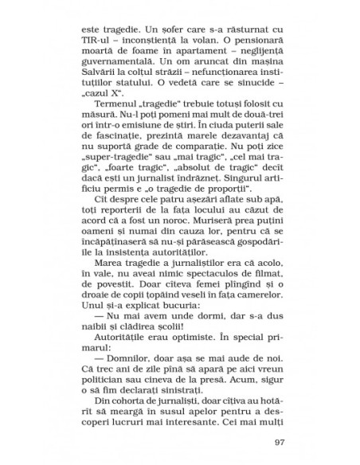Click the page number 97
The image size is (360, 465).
tap(278, 443)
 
